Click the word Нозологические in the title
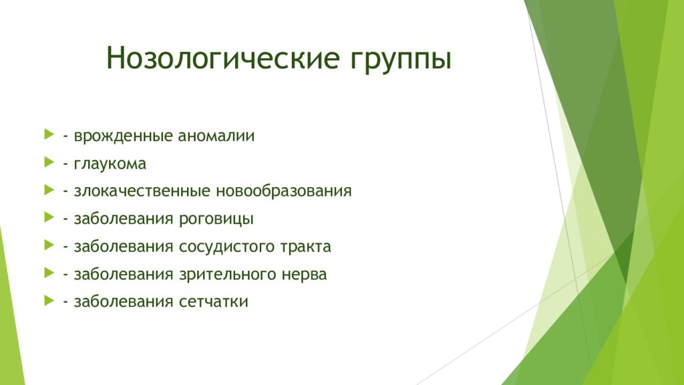[222, 57]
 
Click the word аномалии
[216, 136]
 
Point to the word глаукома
[110, 164]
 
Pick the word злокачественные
[142, 191]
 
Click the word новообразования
[284, 190]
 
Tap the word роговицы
[216, 219]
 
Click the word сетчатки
[214, 302]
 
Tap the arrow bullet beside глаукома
[49, 162]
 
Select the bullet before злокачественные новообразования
[49, 190]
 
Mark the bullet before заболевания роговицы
[49, 217]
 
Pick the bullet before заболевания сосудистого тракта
[49, 245]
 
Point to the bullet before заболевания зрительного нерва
[49, 273]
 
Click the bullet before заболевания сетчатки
[49, 300]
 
